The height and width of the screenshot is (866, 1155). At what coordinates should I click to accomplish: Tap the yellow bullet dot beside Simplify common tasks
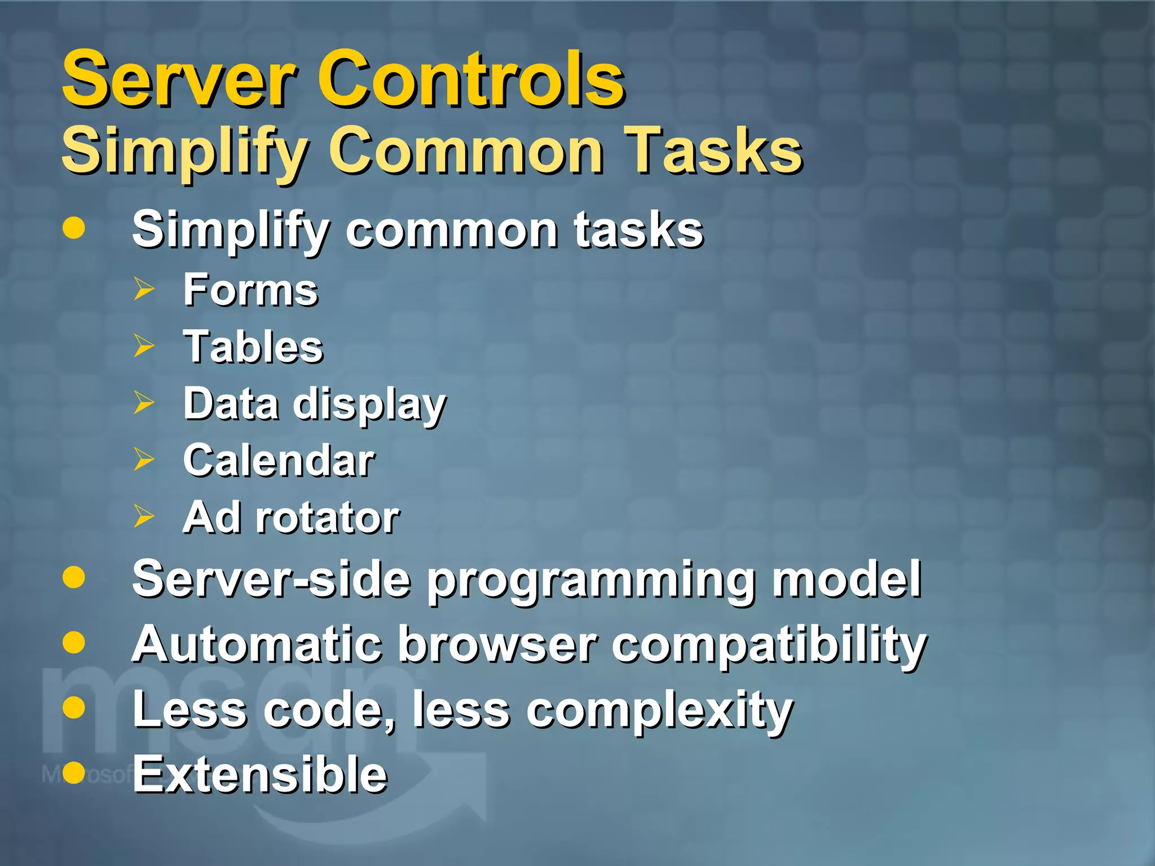click(74, 228)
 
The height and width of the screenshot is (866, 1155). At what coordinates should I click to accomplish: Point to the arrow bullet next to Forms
click(144, 289)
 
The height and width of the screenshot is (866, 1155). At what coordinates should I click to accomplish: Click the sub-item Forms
click(251, 290)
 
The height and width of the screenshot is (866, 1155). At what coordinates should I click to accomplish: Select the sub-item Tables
click(253, 346)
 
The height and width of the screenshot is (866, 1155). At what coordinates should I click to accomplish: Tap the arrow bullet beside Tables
click(144, 346)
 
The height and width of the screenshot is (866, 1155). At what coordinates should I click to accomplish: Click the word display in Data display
click(370, 405)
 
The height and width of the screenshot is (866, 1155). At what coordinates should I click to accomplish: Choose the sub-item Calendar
click(279, 460)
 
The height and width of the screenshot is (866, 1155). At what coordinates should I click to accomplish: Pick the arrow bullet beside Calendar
click(144, 459)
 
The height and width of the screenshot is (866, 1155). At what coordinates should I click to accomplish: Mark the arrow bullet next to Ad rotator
click(144, 516)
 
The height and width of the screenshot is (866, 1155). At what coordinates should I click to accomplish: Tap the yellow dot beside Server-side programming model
click(74, 577)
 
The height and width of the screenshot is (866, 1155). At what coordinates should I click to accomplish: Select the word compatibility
click(769, 646)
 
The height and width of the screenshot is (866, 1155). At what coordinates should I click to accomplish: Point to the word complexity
click(659, 711)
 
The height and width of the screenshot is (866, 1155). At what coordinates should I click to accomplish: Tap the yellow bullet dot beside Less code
click(74, 707)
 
